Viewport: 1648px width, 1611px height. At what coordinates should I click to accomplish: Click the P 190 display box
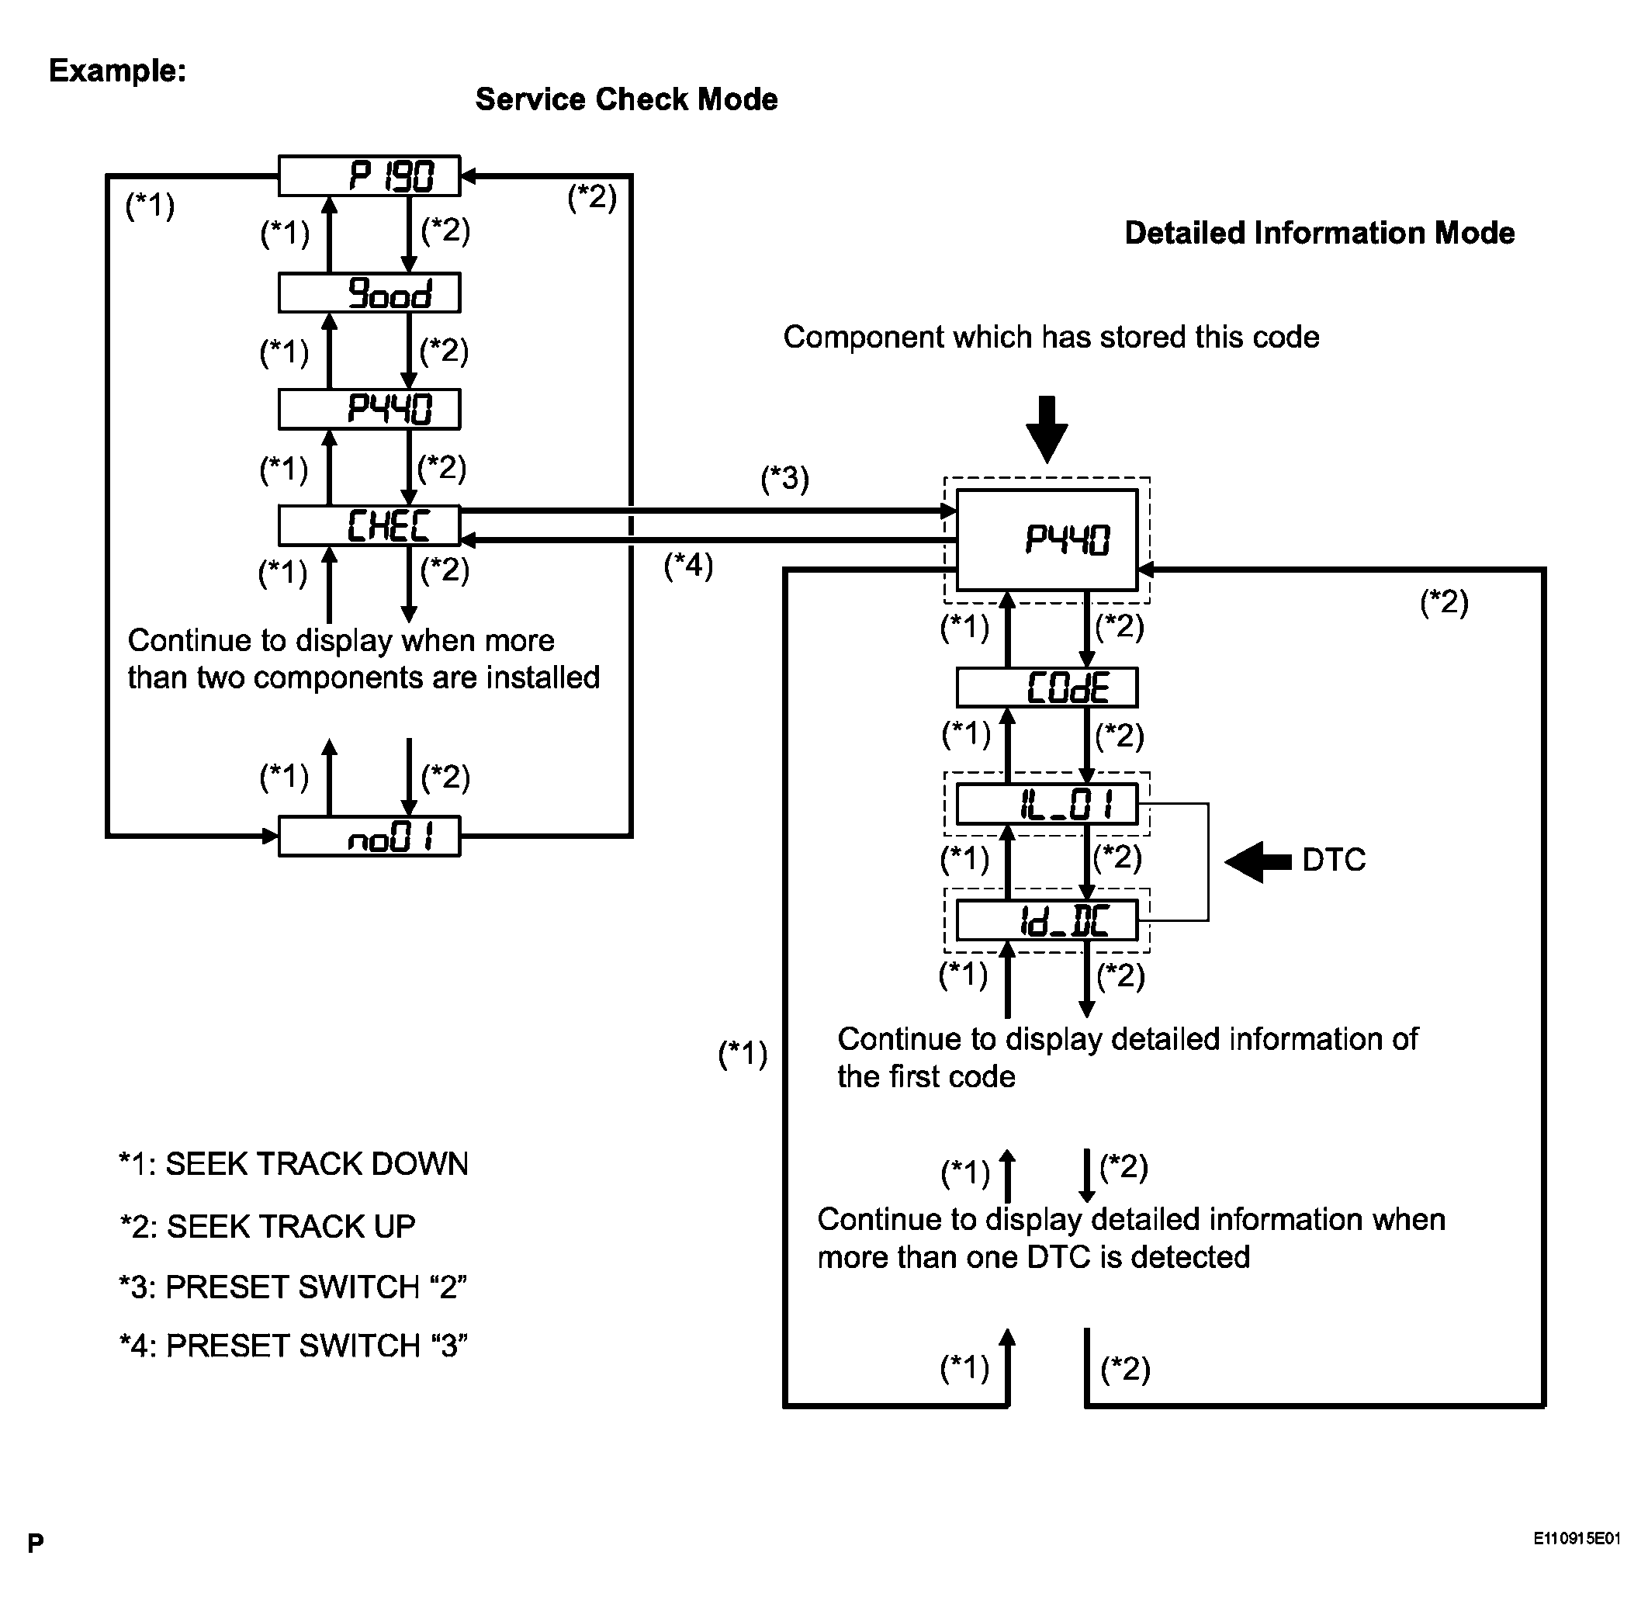[x=369, y=176]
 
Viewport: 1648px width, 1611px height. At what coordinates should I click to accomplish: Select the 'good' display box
[x=369, y=293]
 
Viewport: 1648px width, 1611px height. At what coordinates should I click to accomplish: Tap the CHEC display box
[x=369, y=525]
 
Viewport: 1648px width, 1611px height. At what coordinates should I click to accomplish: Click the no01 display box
[x=369, y=836]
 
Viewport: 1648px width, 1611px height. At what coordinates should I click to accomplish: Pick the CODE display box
[x=1047, y=687]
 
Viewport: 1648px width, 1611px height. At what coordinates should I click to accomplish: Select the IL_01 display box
[x=1047, y=804]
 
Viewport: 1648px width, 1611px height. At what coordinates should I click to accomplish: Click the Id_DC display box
[x=1047, y=920]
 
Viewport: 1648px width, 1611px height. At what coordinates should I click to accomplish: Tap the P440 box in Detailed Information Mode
[x=1047, y=540]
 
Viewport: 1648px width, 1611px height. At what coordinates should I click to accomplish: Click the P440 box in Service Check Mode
[x=369, y=410]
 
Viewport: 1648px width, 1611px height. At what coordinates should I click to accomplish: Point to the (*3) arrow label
[x=785, y=478]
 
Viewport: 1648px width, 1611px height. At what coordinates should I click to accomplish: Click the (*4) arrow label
[x=689, y=564]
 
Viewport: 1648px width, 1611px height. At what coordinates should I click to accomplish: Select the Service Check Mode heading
[x=626, y=99]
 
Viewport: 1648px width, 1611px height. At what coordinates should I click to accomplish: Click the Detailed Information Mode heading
[x=1320, y=233]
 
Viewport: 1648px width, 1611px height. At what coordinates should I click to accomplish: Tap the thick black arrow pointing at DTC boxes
[x=1258, y=862]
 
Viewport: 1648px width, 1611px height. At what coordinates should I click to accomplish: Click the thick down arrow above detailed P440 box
[x=1047, y=430]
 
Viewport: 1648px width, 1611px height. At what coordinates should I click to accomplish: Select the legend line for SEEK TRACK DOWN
[x=293, y=1163]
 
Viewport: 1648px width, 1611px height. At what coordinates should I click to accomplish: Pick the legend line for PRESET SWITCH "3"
[x=293, y=1346]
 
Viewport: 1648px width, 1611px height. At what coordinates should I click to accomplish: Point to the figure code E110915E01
[x=1577, y=1538]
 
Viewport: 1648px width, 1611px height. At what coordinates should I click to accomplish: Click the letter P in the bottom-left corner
[x=36, y=1543]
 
